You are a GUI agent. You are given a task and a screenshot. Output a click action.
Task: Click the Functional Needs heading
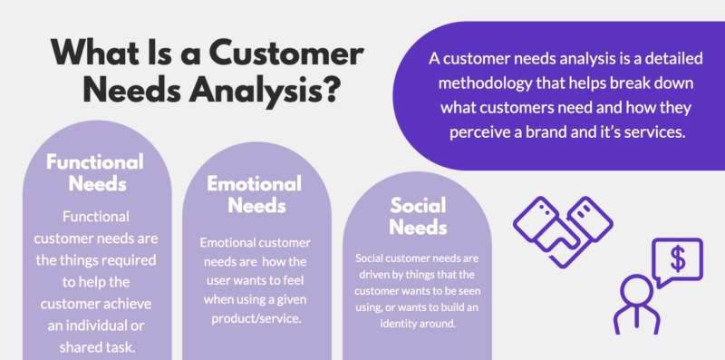95,173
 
